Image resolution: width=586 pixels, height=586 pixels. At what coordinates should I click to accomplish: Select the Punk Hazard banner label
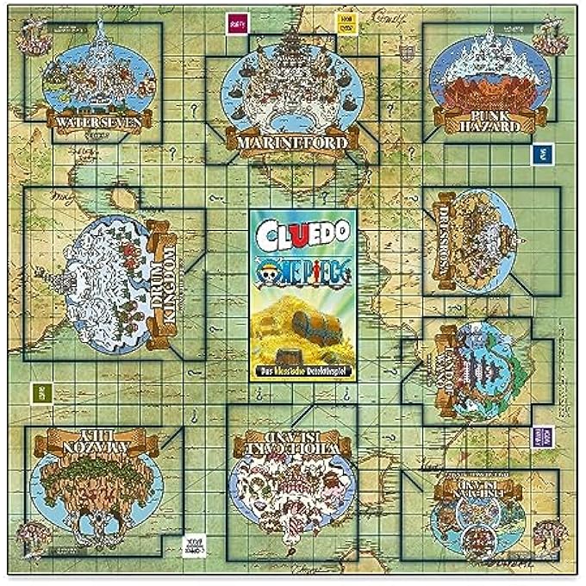coord(484,122)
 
